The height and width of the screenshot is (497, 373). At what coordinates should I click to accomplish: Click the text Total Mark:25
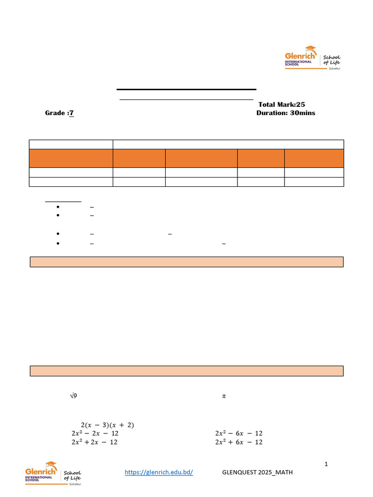[x=282, y=104]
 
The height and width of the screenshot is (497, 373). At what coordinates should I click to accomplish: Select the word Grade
[x=55, y=113]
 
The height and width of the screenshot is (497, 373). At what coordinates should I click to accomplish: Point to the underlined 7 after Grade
[x=71, y=113]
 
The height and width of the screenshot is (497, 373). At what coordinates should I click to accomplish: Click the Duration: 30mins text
[x=286, y=113]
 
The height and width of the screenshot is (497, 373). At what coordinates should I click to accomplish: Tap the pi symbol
[x=224, y=396]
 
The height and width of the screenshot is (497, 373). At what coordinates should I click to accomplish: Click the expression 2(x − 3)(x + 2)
[x=107, y=425]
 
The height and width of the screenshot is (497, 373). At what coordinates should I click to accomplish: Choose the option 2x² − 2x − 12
[x=95, y=433]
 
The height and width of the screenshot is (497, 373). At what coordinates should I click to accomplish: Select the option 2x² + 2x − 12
[x=94, y=442]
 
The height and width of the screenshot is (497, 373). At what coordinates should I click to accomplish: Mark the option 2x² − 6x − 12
[x=238, y=433]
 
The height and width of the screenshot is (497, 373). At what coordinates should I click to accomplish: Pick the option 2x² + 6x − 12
[x=238, y=442]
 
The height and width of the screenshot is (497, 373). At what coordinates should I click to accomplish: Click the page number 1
[x=326, y=464]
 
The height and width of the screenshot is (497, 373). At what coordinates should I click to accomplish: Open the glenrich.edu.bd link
[x=159, y=472]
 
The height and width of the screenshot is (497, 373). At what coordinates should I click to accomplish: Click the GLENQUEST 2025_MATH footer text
[x=257, y=472]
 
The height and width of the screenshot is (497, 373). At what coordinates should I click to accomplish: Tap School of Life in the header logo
[x=332, y=60]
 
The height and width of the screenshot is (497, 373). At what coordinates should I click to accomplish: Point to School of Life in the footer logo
[x=72, y=475]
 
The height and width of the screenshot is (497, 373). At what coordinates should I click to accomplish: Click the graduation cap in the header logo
[x=310, y=49]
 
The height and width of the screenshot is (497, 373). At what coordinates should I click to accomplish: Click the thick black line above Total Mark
[x=186, y=89]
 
